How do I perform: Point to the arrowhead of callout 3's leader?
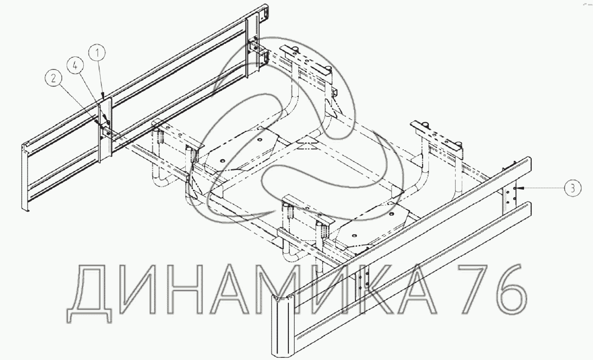(x=518, y=188)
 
